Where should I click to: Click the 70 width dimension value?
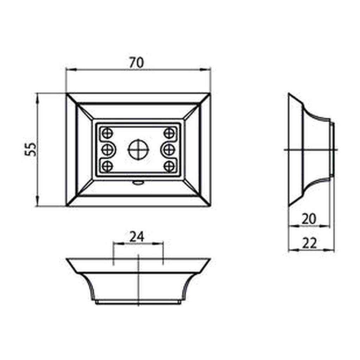(x=136, y=63)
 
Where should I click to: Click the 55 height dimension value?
(x=31, y=149)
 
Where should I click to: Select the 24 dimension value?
(x=137, y=237)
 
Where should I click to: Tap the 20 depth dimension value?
(x=309, y=219)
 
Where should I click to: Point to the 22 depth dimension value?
(x=309, y=243)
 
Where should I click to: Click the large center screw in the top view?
(x=138, y=150)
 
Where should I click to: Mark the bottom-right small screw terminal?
(x=169, y=166)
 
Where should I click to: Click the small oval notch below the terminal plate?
(x=138, y=182)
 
